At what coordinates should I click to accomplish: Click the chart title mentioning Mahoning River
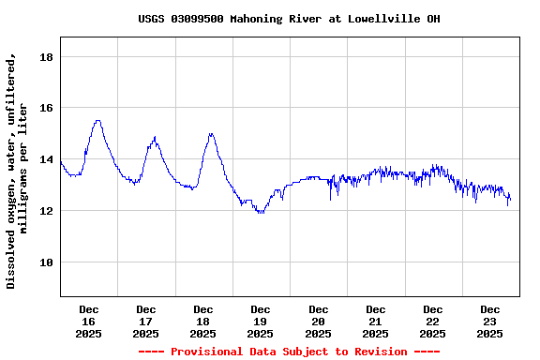(289, 19)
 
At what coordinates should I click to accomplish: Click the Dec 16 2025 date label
(89, 321)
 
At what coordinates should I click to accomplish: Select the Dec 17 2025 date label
(146, 321)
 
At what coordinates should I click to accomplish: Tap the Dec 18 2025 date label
(203, 321)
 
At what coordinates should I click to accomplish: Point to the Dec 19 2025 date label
(261, 321)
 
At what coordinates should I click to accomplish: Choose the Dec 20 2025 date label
(319, 321)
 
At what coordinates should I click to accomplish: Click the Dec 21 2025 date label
(376, 321)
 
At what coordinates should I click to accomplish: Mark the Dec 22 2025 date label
(433, 321)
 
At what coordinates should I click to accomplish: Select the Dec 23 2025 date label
(490, 321)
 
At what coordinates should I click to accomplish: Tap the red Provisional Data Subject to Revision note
(289, 352)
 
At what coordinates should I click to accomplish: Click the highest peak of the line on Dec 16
(97, 120)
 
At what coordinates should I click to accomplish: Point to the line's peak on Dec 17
(155, 139)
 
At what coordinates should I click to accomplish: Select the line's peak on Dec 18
(212, 133)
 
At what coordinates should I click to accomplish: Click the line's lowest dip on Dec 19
(261, 213)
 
